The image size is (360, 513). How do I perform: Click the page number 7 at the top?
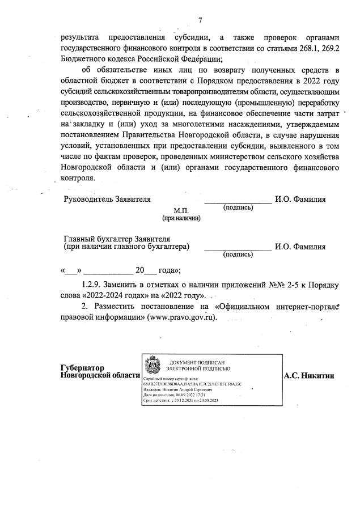coord(200,21)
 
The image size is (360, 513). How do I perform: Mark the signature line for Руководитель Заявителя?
coord(238,201)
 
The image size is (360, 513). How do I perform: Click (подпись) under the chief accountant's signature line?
coord(238,255)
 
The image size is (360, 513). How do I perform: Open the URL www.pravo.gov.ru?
coord(182,319)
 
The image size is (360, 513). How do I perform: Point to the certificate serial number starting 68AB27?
coord(193,384)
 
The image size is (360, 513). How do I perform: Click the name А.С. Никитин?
coord(309,375)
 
